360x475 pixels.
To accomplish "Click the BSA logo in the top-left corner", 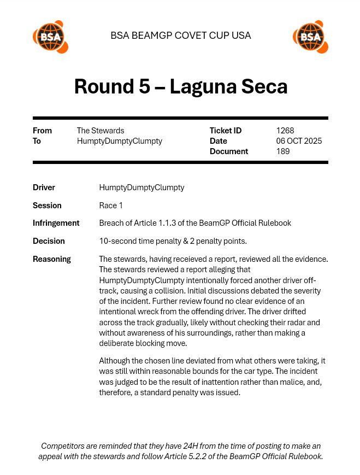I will [50, 37].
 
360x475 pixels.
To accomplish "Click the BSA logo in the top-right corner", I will [310, 37].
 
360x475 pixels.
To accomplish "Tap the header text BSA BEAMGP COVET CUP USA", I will [180, 36].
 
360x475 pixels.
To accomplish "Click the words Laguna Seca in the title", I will [228, 86].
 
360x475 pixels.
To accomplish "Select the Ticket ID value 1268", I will [285, 131].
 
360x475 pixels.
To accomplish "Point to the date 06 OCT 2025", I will [299, 141].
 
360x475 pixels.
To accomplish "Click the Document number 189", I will [283, 151].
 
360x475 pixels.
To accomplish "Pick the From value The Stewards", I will [101, 131].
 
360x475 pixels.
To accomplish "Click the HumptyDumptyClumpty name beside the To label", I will [120, 141].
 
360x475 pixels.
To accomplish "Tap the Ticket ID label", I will [225, 131].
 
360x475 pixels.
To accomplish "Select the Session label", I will [47, 206].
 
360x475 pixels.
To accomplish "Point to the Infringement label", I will [56, 223].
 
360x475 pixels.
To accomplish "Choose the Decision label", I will [49, 241].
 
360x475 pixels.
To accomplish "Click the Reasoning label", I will [52, 259].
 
